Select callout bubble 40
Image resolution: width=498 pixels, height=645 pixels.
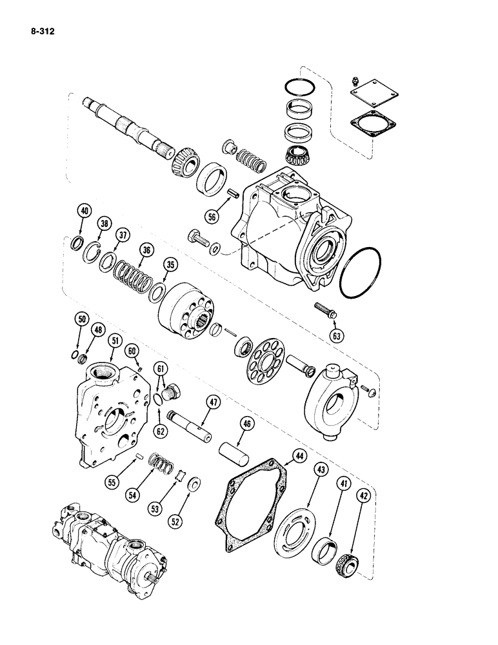tap(82, 209)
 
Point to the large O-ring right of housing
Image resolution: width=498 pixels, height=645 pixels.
tap(359, 273)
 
